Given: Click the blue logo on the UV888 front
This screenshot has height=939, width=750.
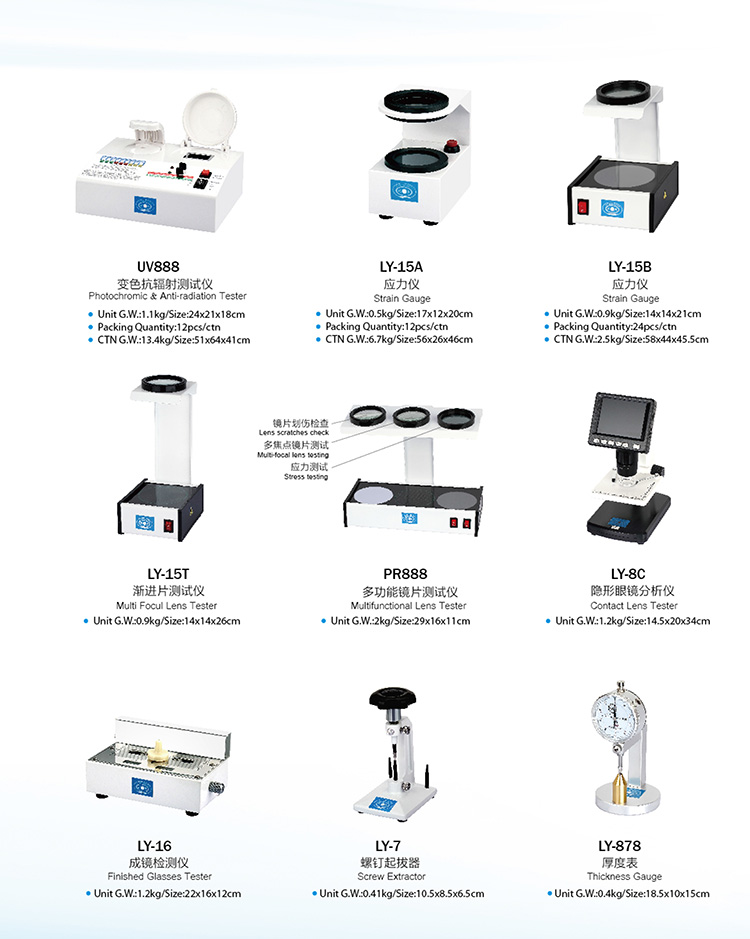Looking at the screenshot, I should [x=144, y=206].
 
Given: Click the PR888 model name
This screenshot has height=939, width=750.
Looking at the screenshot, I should [x=406, y=574].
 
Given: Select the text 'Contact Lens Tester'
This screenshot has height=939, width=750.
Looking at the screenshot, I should [x=632, y=606].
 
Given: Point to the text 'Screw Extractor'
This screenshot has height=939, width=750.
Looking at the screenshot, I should [x=391, y=877].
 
